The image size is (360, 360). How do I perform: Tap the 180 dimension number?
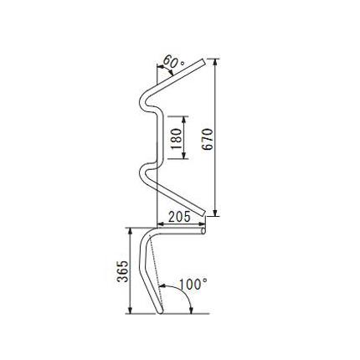tap(177, 138)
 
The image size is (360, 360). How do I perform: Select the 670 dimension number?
tap(208, 139)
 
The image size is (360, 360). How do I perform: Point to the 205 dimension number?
tap(179, 217)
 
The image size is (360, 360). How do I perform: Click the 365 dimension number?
tap(123, 271)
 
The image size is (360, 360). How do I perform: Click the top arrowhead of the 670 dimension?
tap(215, 62)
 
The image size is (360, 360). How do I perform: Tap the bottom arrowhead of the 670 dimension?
tap(215, 213)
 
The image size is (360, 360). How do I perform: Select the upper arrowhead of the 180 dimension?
tap(183, 120)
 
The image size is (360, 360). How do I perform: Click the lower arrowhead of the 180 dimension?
tap(183, 156)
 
